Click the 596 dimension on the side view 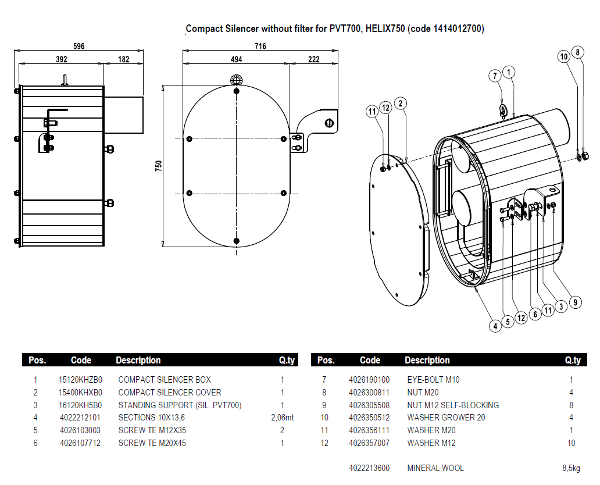click(79, 47)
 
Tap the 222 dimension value click(313, 59)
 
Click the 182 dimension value click(123, 59)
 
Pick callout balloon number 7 click(495, 76)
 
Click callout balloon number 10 click(563, 56)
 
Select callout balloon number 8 click(577, 52)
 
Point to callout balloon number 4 click(495, 326)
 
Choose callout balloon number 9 click(574, 302)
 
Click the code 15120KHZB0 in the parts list click(80, 380)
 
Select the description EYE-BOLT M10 click(433, 380)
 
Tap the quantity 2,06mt click(283, 418)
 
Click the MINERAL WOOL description click(435, 468)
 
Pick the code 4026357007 click(369, 443)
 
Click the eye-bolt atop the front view click(236, 80)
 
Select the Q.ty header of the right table click(573, 361)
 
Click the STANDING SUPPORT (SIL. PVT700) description click(180, 405)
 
